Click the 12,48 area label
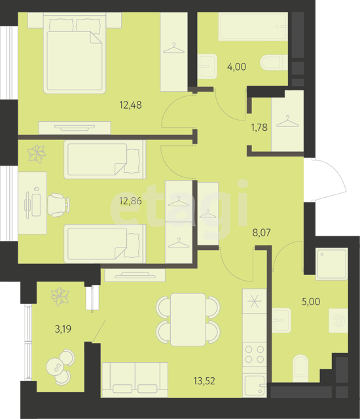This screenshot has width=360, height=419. tap(131, 105)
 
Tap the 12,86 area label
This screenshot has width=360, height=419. tap(131, 201)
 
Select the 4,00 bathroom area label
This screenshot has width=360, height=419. tap(236, 67)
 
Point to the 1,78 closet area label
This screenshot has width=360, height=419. tap(259, 127)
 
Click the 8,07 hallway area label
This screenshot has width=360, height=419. tap(261, 232)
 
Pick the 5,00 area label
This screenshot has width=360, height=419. tap(311, 301)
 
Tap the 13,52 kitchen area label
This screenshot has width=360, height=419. tap(204, 381)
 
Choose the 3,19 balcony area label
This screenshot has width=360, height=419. tap(63, 329)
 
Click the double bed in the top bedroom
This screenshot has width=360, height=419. tap(75, 53)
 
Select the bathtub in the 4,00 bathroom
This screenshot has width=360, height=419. tap(253, 26)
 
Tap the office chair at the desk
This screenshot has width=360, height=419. tap(58, 205)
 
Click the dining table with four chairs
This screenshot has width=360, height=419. tap(188, 319)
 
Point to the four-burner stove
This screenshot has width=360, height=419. tap(255, 354)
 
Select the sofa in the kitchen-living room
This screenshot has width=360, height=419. tap(135, 380)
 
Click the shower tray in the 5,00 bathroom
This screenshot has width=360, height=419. tap(332, 264)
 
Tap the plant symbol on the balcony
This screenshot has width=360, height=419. tap(60, 297)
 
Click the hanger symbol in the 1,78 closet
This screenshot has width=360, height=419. tap(287, 122)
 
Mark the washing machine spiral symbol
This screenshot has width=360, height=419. tap(338, 321)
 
